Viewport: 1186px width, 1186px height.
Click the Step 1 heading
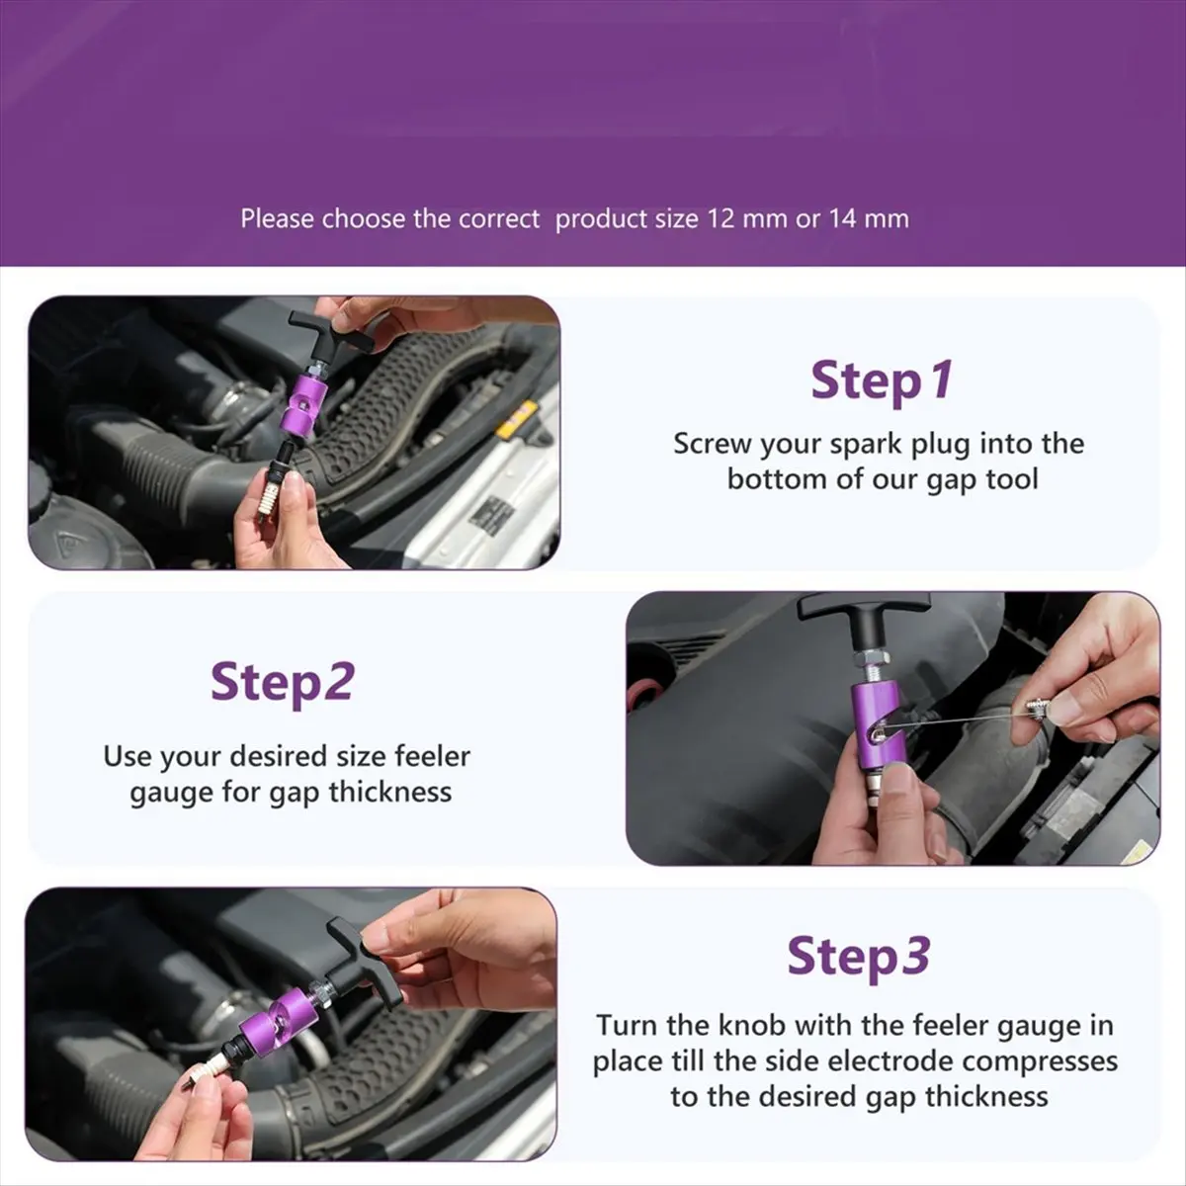click(x=882, y=381)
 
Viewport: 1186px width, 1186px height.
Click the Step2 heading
click(x=283, y=683)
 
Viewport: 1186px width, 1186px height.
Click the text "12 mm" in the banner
click(x=746, y=219)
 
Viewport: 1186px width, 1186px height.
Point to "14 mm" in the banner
click(x=869, y=219)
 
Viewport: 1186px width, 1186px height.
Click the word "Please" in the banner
click(x=278, y=219)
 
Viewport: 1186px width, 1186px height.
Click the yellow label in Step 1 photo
click(x=518, y=418)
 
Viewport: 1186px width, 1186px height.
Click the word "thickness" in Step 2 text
click(x=389, y=792)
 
